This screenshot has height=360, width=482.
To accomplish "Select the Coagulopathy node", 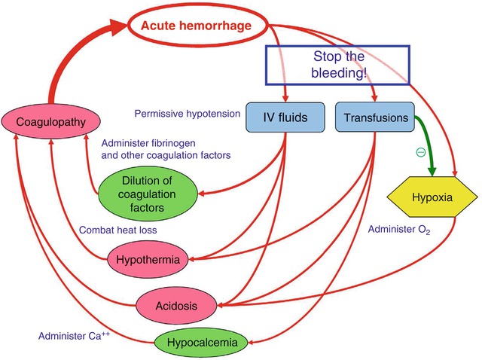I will click(x=47, y=122).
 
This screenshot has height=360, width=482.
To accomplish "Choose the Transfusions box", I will click(x=375, y=117).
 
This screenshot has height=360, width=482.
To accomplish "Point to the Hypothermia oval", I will click(x=148, y=261).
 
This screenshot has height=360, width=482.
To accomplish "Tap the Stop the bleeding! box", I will click(x=337, y=64).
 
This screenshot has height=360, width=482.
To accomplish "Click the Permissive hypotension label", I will click(x=188, y=114).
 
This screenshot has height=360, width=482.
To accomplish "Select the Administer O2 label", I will click(x=398, y=229).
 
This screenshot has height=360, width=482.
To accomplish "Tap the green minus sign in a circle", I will click(x=420, y=151).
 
